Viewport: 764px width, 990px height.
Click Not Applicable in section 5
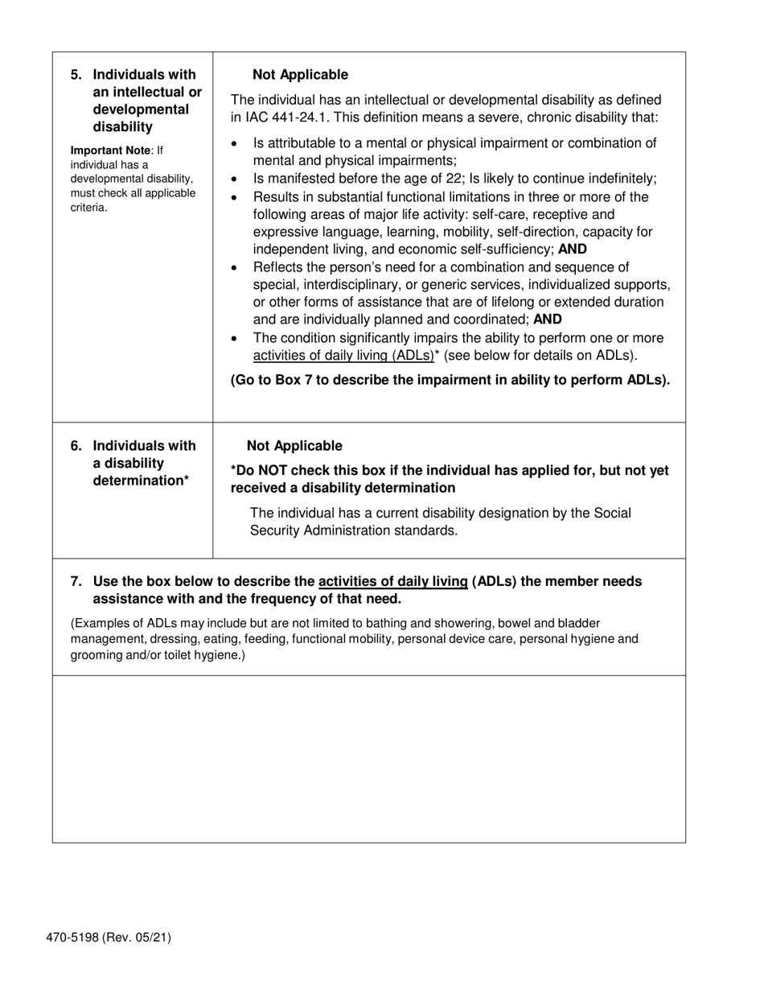pos(300,75)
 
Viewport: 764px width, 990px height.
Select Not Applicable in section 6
pos(294,446)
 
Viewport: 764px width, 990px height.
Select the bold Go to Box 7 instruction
pos(450,380)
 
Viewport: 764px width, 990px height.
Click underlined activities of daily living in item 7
pos(393,581)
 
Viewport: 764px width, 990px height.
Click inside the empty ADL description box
pos(368,758)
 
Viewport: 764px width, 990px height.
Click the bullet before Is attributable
pos(234,144)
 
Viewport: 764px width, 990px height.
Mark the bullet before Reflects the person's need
pos(234,268)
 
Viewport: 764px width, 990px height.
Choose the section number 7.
pos(76,581)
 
